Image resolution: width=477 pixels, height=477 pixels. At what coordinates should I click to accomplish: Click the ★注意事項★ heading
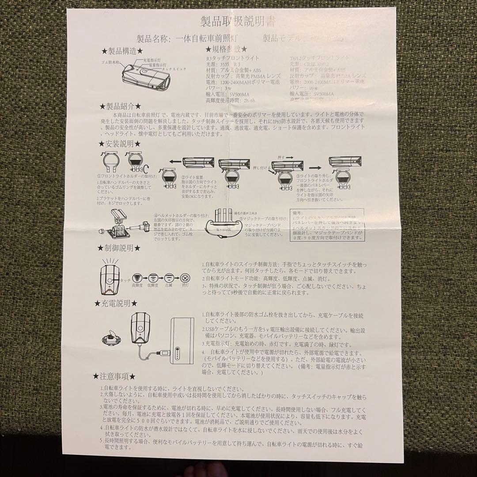tap(115, 376)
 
